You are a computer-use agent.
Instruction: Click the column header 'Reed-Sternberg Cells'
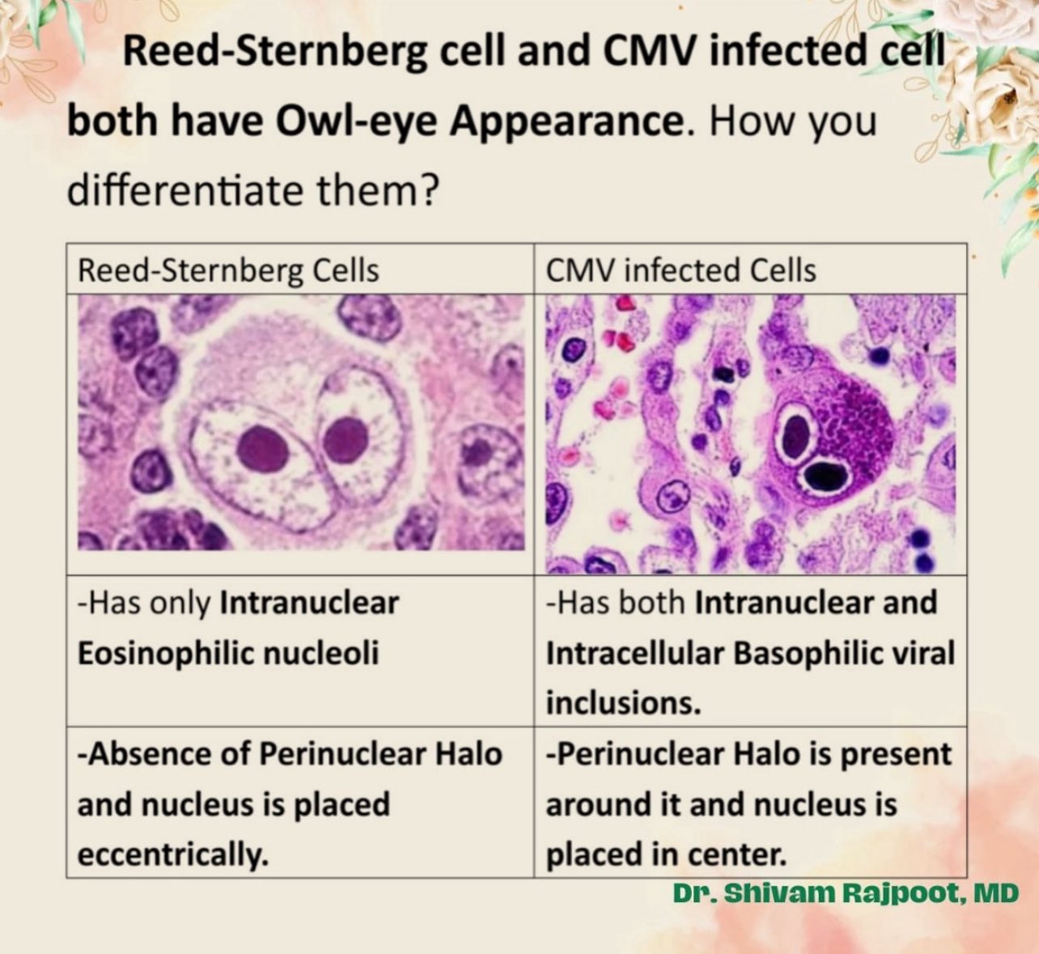tap(227, 269)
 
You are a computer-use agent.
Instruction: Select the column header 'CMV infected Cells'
tap(681, 269)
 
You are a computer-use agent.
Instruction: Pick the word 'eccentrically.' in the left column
tap(172, 854)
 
